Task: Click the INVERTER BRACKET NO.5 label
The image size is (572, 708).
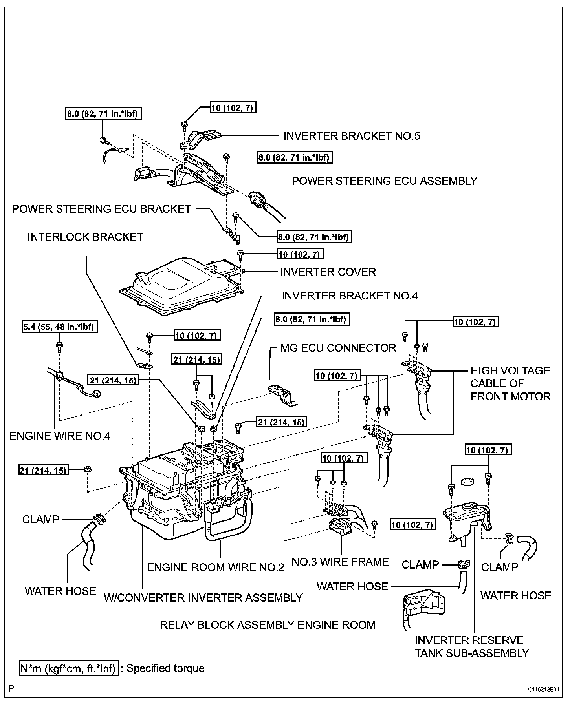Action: click(352, 136)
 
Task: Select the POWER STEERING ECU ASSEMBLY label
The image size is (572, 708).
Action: click(384, 181)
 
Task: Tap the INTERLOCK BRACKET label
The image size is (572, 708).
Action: click(85, 237)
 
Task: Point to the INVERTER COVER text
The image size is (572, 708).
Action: click(328, 272)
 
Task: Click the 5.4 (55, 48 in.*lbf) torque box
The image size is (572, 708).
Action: click(59, 327)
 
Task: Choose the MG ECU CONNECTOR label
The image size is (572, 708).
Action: click(338, 348)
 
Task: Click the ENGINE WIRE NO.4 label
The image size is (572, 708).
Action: click(60, 436)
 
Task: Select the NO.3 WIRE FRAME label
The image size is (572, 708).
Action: click(340, 562)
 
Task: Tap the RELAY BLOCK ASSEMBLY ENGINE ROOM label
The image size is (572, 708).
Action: click(268, 625)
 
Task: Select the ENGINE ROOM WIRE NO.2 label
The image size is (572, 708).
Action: click(215, 567)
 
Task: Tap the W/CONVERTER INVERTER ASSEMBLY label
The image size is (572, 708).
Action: click(203, 598)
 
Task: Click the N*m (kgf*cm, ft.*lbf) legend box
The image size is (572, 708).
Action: click(69, 668)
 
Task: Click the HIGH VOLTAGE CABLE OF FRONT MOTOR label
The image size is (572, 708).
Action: click(510, 383)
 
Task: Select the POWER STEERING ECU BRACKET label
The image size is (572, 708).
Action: click(101, 209)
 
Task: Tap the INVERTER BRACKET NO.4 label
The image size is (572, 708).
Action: click(350, 296)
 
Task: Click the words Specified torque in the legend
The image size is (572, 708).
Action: click(165, 668)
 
